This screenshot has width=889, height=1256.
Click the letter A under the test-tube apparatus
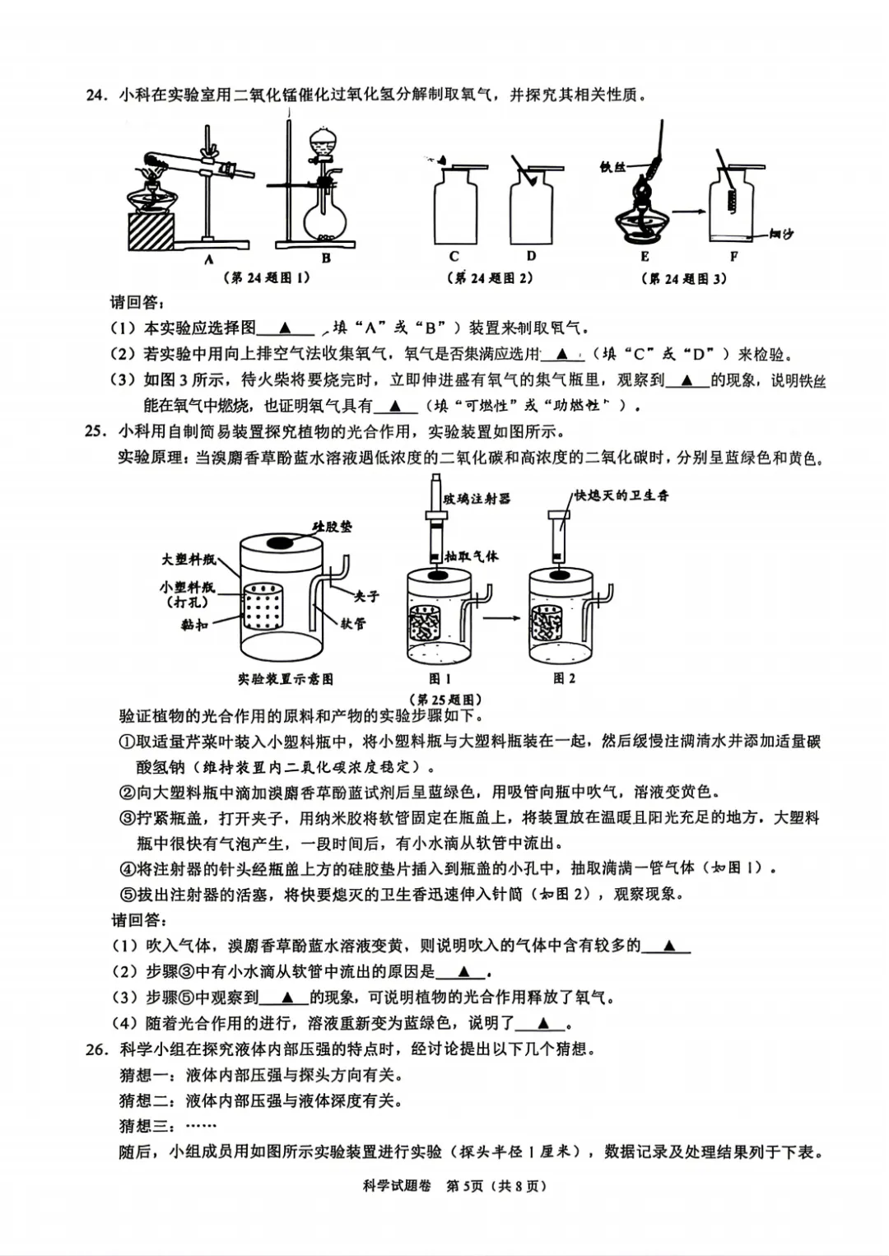click(x=208, y=258)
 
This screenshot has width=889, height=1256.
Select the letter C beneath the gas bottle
click(x=454, y=257)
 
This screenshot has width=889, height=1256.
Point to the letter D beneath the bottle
click(x=531, y=257)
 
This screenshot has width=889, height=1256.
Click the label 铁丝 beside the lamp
click(x=612, y=167)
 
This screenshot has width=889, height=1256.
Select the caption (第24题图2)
click(x=493, y=278)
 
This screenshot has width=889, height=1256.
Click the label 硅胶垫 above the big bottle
click(x=332, y=526)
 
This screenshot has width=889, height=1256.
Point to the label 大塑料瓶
click(x=189, y=560)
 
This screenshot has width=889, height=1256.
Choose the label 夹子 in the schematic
click(x=366, y=595)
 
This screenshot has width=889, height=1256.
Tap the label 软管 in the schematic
click(x=353, y=624)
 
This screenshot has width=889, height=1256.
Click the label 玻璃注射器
click(x=477, y=498)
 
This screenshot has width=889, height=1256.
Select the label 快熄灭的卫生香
click(x=621, y=495)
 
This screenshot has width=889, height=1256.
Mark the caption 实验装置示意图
click(x=286, y=679)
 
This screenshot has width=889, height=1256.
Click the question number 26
click(x=96, y=1049)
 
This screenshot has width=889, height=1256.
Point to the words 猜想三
click(x=145, y=1126)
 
